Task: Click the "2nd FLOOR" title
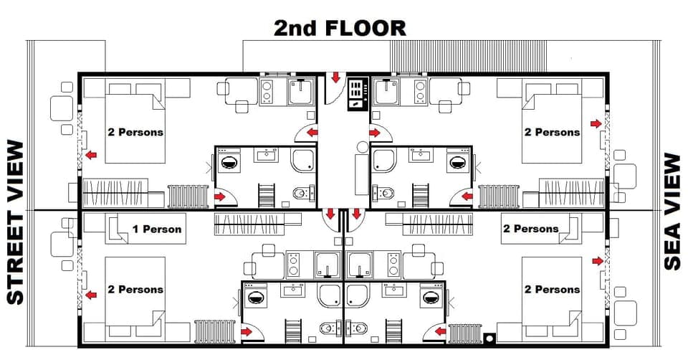[340, 28]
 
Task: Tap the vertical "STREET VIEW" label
[16, 222]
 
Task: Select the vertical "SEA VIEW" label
[672, 212]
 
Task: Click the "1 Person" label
[156, 229]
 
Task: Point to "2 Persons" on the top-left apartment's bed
[135, 132]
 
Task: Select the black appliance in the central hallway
[356, 94]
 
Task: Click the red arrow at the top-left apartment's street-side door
[91, 154]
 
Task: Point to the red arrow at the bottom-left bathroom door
[247, 331]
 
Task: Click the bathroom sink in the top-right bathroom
[417, 153]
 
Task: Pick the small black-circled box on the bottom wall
[490, 338]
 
